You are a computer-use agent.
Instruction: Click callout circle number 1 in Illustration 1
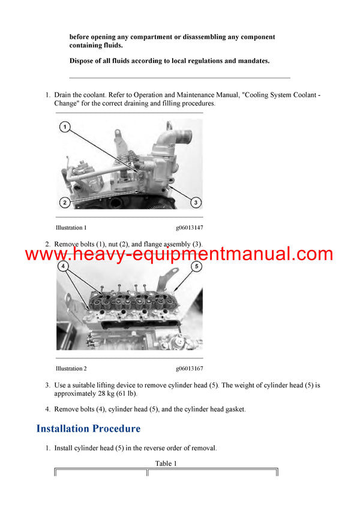pos(65,127)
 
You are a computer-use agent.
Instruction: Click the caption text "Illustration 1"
pos(71,228)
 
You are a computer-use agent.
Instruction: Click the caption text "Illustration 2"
pos(71,369)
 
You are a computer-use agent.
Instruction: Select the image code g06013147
pos(189,228)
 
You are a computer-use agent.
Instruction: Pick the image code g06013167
pos(189,369)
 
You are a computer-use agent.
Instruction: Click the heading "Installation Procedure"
pos(88,429)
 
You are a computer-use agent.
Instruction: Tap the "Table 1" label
pos(166,463)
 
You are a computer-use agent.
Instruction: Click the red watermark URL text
pos(179,254)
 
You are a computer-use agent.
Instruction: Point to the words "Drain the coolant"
pos(80,95)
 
